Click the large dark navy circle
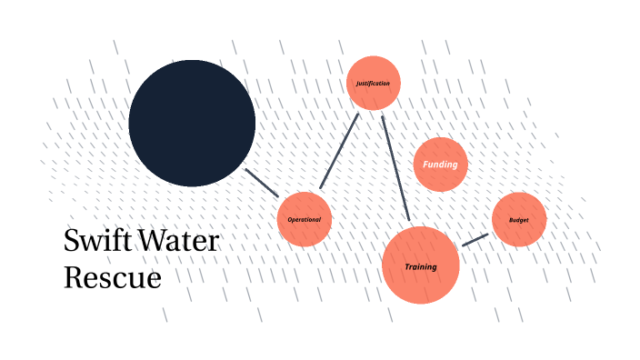pos(192,123)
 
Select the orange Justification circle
pos(374,83)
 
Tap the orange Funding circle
pos(441,165)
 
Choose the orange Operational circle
pos(305,219)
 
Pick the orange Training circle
pos(420,265)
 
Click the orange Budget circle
pos(519,220)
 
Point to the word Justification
pos(374,84)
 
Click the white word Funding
pos(441,165)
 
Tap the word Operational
pos(305,220)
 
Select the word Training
pos(421,267)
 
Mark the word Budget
pos(519,220)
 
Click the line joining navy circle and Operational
pos(262,183)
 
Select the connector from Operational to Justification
pos(339,151)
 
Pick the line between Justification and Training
pos(395,168)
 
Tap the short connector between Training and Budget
pos(475,240)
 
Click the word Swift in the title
pos(95,241)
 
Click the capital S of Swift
pos(72,241)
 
